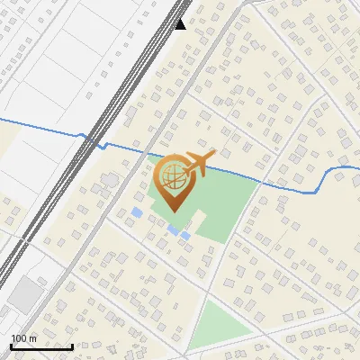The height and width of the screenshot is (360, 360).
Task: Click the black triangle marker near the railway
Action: coord(181,23)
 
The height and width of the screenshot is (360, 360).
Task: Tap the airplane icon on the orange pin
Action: coord(200,163)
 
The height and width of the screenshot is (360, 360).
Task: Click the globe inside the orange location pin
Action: coord(171,177)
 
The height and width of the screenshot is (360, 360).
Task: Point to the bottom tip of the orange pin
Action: coord(171,211)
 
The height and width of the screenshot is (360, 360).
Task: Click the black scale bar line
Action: coord(41,346)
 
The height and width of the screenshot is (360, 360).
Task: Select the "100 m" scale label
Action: coord(23,338)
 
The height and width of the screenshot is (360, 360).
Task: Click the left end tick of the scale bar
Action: coord(11,345)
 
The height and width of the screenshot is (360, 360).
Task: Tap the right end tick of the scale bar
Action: coord(72,345)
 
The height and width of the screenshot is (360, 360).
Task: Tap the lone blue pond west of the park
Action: coord(136,212)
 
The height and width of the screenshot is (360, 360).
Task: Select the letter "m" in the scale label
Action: coord(33,338)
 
